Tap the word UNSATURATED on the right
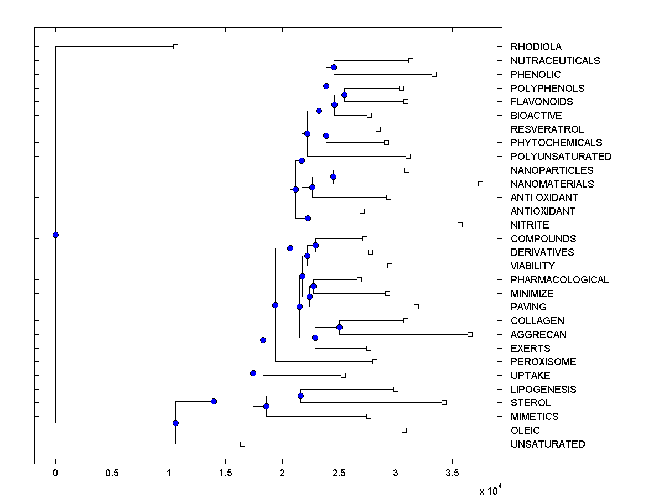[547, 444]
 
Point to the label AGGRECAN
[538, 334]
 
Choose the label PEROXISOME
[543, 361]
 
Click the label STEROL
[531, 402]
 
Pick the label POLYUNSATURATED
[561, 156]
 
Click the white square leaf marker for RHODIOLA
[175, 46]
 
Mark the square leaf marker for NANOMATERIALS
[480, 184]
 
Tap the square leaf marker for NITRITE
[460, 225]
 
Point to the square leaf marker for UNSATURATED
[242, 444]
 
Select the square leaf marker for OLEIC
[404, 430]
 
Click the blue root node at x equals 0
[55, 235]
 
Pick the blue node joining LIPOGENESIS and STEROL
[300, 396]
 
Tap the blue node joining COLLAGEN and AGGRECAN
[339, 327]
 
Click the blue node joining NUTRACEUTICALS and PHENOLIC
[334, 67]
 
